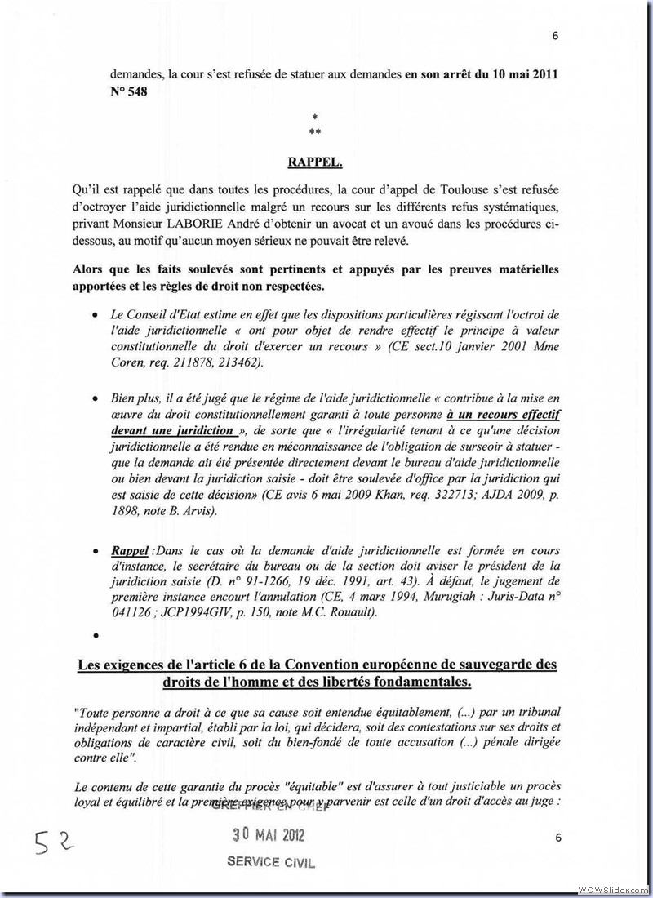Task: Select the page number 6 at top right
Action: click(x=555, y=36)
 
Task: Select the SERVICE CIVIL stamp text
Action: click(x=270, y=862)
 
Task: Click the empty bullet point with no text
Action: click(x=96, y=633)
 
